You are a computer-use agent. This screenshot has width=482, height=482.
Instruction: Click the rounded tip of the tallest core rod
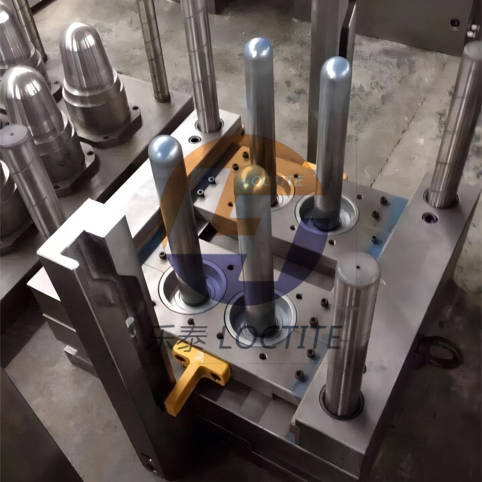258,46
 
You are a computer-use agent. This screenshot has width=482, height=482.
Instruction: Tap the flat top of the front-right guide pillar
358,267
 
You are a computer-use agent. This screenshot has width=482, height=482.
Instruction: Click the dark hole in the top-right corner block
455,23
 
